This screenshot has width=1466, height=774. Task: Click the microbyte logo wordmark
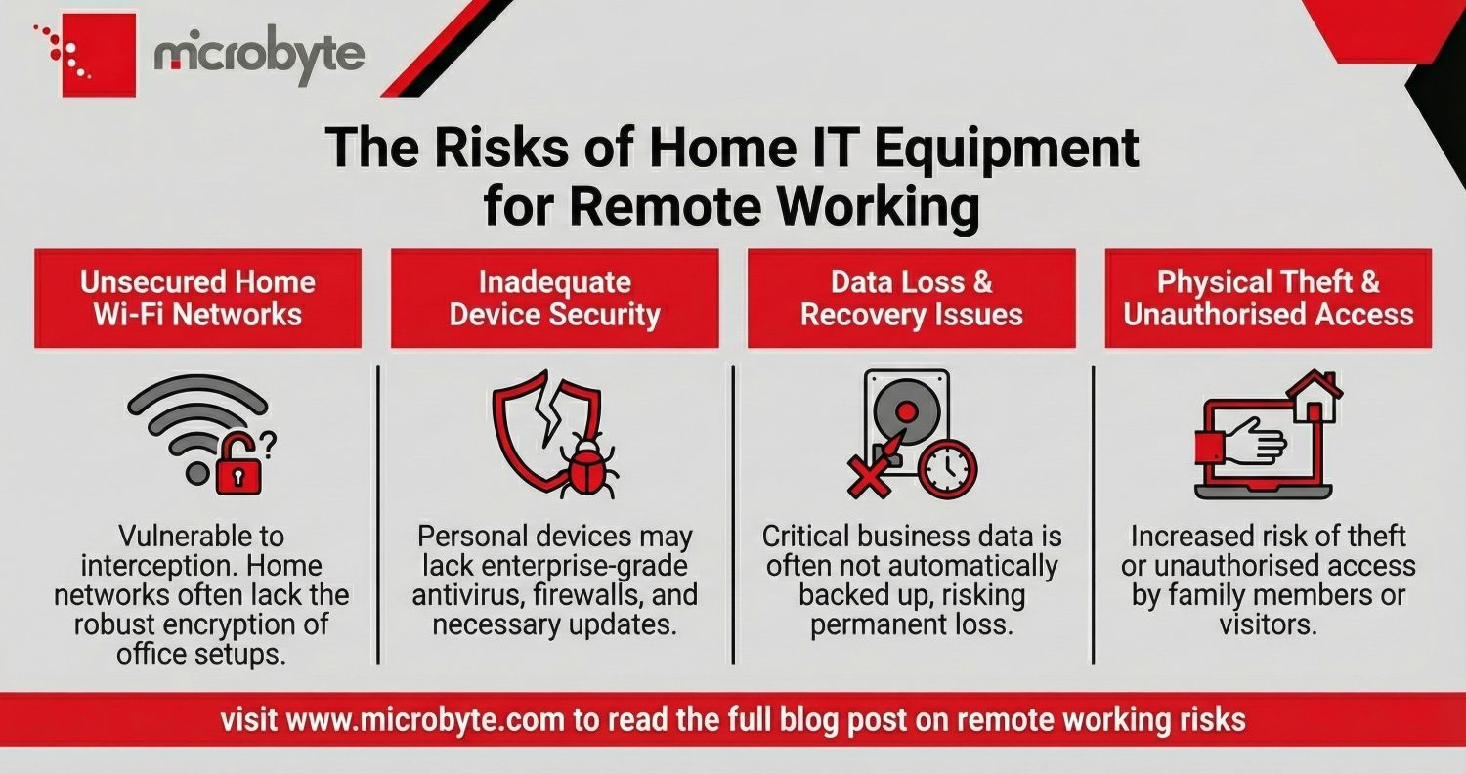pos(259,57)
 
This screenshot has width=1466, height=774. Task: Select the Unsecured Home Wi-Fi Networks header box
pos(197,298)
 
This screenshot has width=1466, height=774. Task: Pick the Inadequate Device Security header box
pos(554,298)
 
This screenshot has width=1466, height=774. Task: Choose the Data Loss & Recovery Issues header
pos(911,298)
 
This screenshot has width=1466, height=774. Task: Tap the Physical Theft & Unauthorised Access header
pos(1268,298)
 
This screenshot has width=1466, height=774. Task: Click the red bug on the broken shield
pos(586,465)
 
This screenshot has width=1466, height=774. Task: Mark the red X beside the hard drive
pos(867,477)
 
